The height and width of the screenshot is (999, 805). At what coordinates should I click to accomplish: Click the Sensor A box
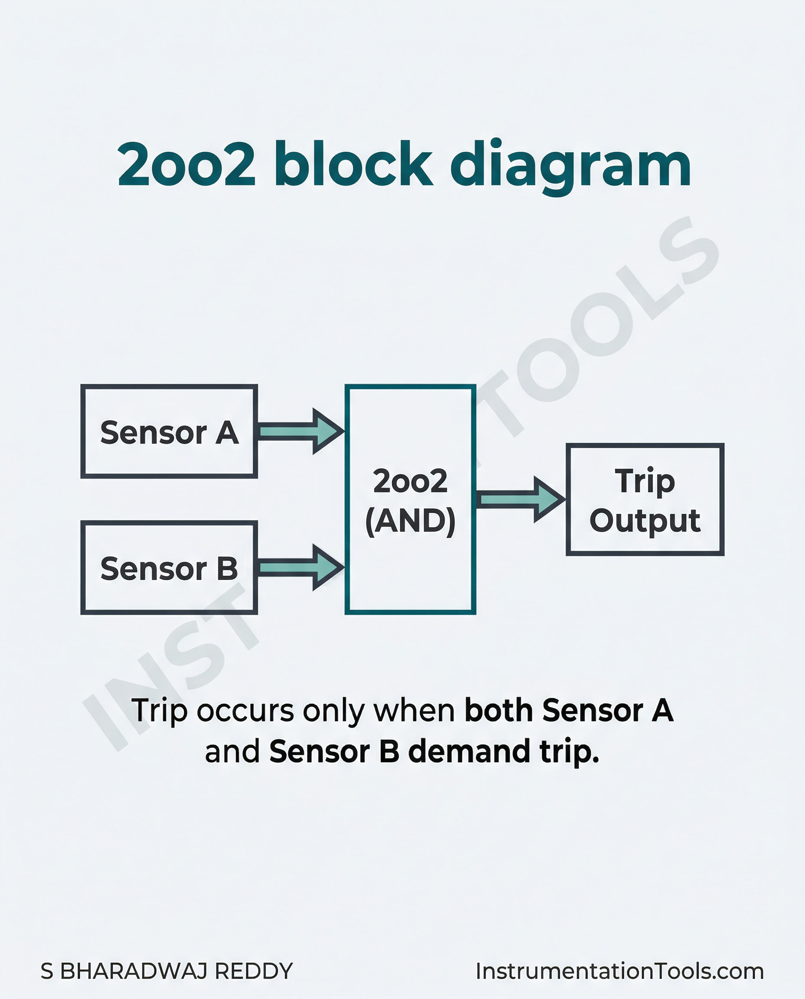coord(169,431)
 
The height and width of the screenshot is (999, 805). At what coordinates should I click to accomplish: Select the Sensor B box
coord(169,568)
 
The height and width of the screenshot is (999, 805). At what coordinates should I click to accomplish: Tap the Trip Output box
coord(645,499)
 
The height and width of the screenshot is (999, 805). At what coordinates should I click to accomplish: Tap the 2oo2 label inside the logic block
coord(410,481)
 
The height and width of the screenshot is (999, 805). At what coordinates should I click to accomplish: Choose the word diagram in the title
coord(570,167)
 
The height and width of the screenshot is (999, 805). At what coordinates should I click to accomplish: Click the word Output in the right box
coord(645,520)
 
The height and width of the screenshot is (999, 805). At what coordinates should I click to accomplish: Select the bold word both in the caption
coord(498,710)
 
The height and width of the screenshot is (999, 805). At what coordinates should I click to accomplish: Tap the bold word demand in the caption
coord(468,751)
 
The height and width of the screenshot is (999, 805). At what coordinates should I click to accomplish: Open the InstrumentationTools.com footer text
coord(619,971)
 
